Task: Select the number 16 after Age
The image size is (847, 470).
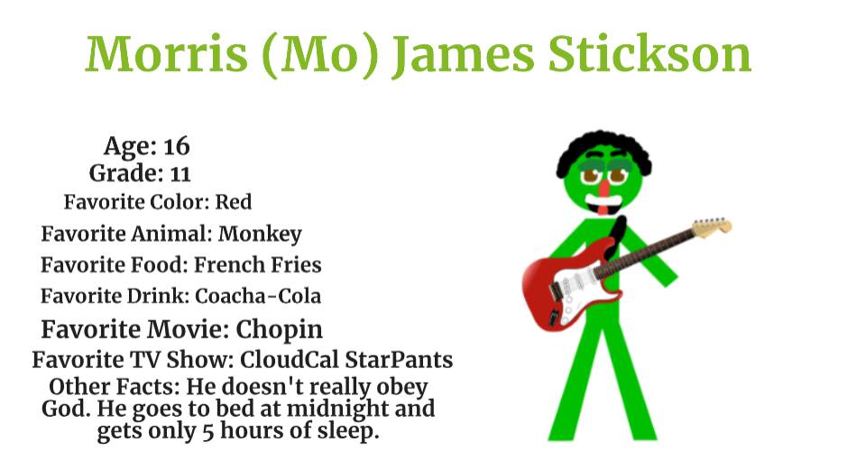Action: pos(177,145)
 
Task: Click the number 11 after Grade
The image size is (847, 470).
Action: pos(180,172)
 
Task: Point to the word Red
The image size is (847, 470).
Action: pos(233,201)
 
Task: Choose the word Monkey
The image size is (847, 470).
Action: pos(260,234)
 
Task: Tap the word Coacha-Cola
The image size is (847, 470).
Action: pos(258,296)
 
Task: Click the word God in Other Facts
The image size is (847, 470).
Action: pos(65,409)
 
